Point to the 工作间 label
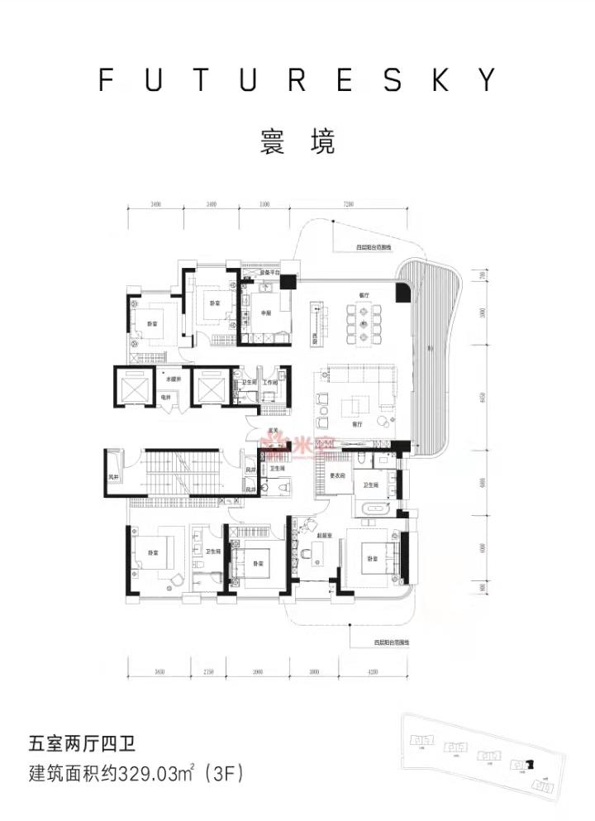tap(270, 383)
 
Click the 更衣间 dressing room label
tap(337, 475)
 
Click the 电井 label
tap(166, 398)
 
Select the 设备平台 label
tap(271, 271)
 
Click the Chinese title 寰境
tap(297, 142)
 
